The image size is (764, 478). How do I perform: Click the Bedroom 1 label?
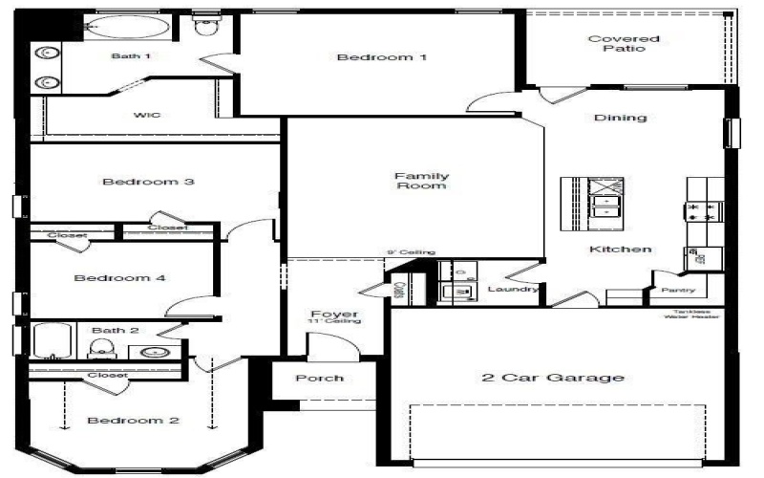[x=381, y=57]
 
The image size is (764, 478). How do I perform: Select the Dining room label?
[x=621, y=119]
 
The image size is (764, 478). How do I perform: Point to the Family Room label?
[x=422, y=181]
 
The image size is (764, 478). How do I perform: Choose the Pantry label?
[x=678, y=290]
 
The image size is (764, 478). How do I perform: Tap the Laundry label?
[x=513, y=289]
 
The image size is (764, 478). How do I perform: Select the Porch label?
[x=319, y=379]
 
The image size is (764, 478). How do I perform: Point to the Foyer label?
[x=334, y=315]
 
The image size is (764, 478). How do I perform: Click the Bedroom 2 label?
[x=134, y=421]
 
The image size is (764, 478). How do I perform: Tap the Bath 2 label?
[x=116, y=331]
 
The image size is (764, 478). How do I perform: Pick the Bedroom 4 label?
[x=120, y=278]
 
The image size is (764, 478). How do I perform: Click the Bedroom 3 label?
[x=149, y=182]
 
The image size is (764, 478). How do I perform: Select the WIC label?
[x=146, y=116]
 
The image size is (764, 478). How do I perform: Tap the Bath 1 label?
[x=131, y=56]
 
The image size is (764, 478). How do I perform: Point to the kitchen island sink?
[x=604, y=204]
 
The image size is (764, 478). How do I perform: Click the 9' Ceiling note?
[x=411, y=252]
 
